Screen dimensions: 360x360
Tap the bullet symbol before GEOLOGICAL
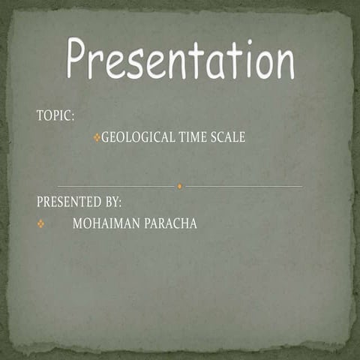[97, 137]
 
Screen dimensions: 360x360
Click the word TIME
[191, 137]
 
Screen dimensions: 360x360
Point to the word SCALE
[228, 137]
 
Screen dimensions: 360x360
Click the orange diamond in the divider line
[180, 185]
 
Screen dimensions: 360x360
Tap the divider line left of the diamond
[116, 185]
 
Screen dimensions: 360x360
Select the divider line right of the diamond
[244, 185]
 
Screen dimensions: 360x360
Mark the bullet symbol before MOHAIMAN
[41, 223]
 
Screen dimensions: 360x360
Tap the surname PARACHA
[170, 223]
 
